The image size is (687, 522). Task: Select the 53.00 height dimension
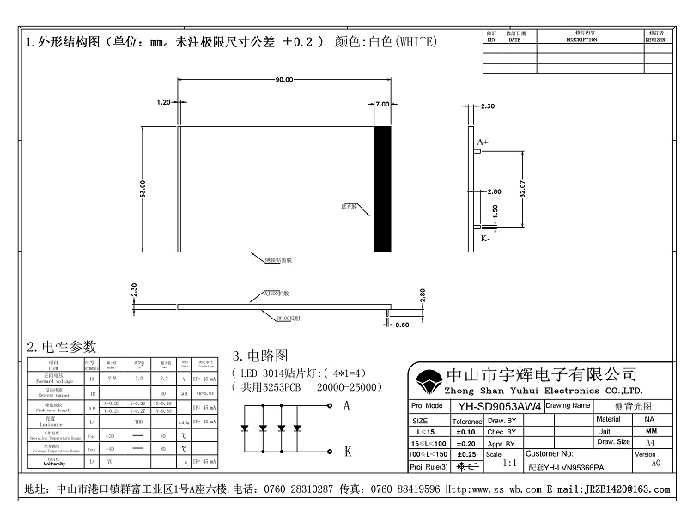[143, 190]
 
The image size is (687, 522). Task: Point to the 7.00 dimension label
[383, 104]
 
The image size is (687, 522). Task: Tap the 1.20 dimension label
[164, 102]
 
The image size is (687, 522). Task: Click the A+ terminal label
[483, 141]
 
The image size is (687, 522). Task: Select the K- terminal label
[485, 239]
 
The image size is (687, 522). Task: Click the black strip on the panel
[382, 189]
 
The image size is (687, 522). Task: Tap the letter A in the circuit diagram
[346, 405]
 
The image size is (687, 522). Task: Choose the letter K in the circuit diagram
[346, 450]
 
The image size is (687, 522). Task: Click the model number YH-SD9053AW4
[499, 406]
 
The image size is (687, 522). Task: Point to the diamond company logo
[428, 380]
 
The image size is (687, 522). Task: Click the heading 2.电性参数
[61, 347]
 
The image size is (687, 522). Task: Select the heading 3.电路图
[259, 355]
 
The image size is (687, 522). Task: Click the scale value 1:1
[508, 462]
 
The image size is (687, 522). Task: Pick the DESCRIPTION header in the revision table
[581, 39]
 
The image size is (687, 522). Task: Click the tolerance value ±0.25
[466, 453]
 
